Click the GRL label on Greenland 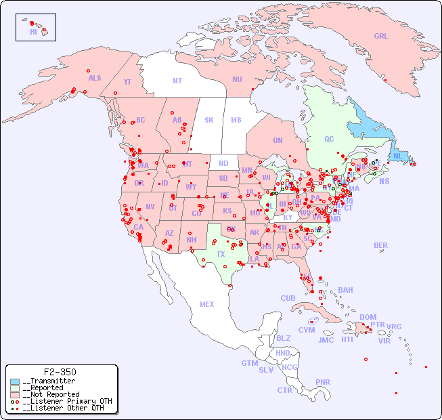(x=381, y=36)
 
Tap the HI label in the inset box (x=33, y=32)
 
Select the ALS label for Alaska (x=95, y=78)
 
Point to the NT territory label (x=177, y=80)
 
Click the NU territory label (x=237, y=79)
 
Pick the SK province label (x=209, y=120)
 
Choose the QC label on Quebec (x=329, y=139)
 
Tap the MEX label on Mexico (x=207, y=304)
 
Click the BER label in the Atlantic (x=381, y=245)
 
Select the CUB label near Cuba (x=288, y=298)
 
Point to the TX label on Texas (x=221, y=254)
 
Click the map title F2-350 (x=60, y=372)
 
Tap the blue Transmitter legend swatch (x=15, y=381)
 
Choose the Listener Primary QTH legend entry (x=61, y=401)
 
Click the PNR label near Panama (x=323, y=382)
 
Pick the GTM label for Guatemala (x=249, y=363)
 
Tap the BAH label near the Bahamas (x=345, y=290)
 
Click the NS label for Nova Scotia (x=384, y=181)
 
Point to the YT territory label (x=127, y=81)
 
